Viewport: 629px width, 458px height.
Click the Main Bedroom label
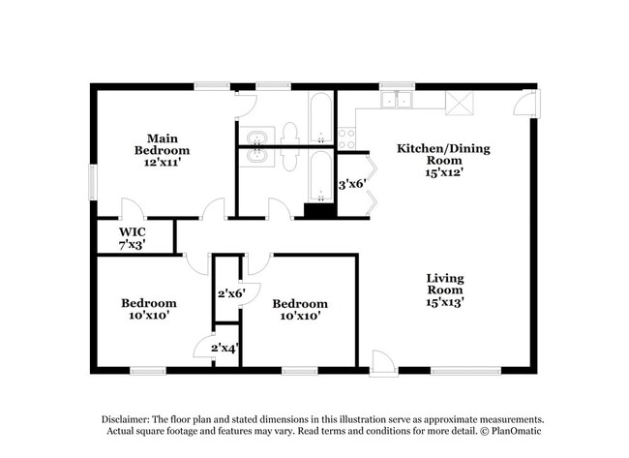[x=162, y=144]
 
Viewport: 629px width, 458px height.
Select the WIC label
[x=133, y=232]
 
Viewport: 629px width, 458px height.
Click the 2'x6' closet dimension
[x=230, y=292]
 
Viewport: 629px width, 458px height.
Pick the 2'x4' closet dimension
[x=226, y=347]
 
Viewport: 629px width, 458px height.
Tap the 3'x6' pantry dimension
[x=350, y=182]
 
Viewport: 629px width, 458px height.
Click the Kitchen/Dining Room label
[x=444, y=154]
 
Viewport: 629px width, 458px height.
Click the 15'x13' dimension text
[x=444, y=302]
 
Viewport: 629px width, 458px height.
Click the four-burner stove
[x=347, y=138]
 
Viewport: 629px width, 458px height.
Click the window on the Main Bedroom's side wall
[x=94, y=179]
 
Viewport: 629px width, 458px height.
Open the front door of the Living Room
[x=383, y=362]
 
